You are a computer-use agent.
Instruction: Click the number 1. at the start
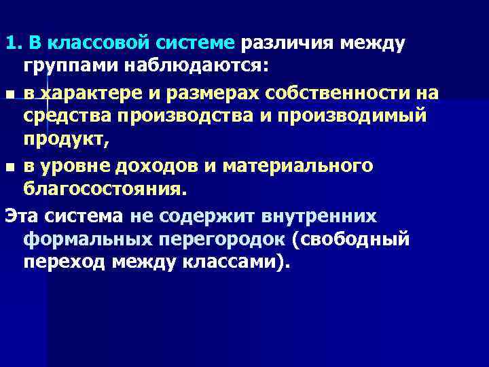click(12, 44)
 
